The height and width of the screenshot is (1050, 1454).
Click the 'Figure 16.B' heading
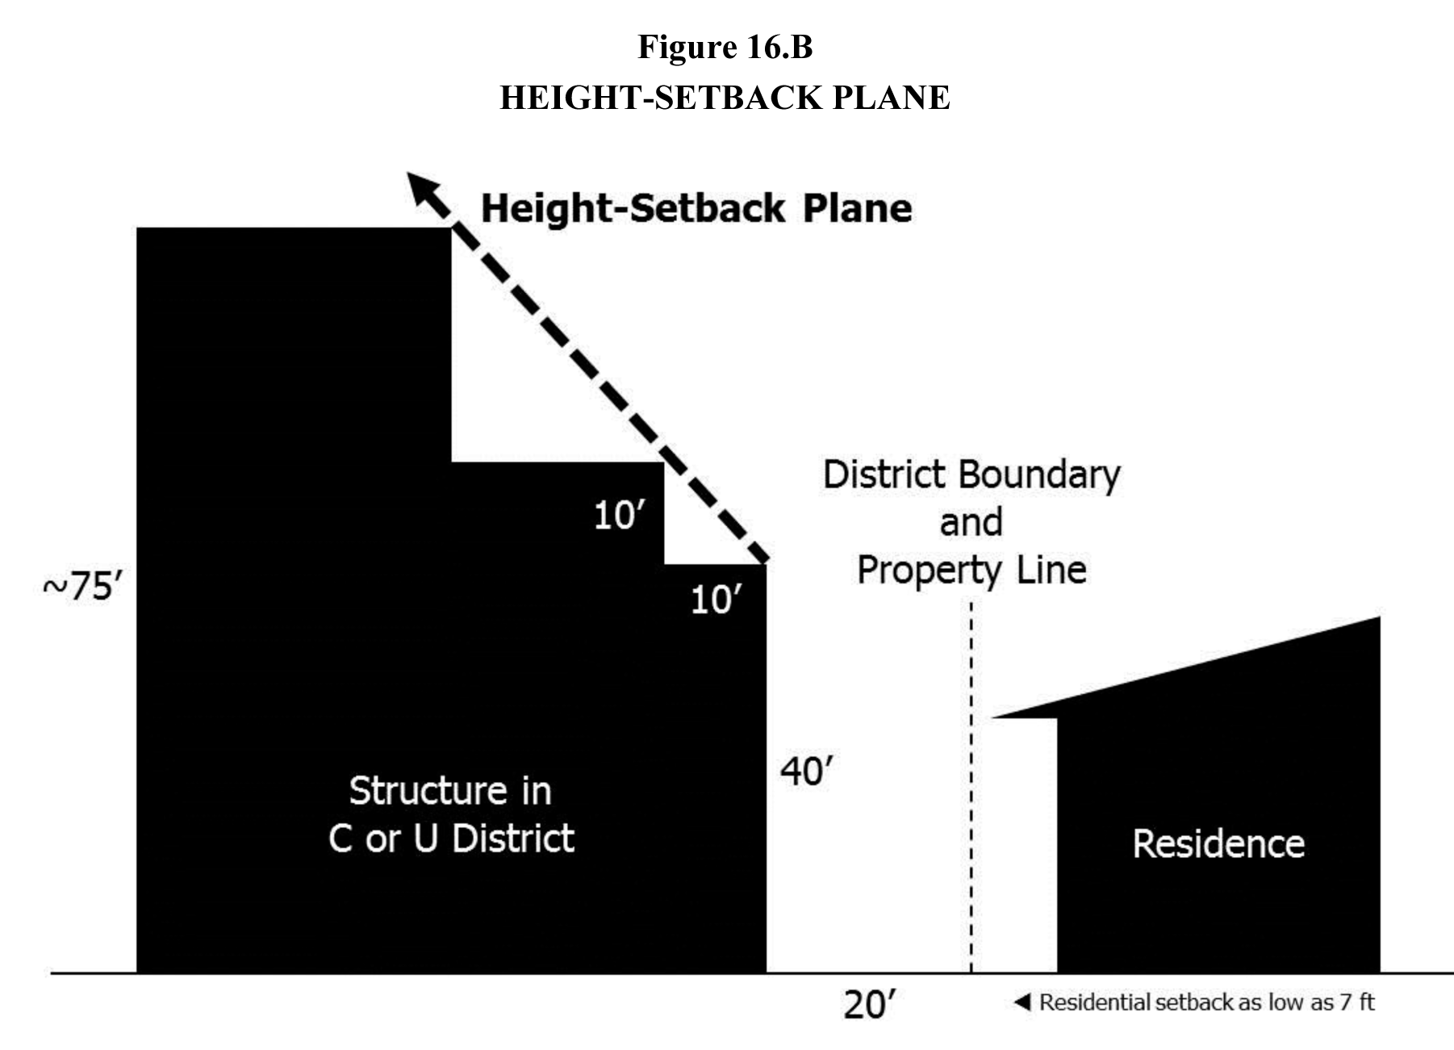(x=725, y=47)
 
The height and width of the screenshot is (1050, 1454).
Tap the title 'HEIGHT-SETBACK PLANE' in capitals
(x=725, y=98)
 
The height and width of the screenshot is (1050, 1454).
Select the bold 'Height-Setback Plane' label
(x=696, y=208)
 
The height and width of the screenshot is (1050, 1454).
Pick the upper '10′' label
(x=620, y=515)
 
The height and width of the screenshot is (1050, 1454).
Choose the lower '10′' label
(x=716, y=600)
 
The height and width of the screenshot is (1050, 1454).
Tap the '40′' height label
(x=805, y=772)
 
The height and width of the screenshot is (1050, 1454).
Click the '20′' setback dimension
(x=870, y=1005)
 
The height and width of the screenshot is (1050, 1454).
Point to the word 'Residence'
(x=1218, y=844)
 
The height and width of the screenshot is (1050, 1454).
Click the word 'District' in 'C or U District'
(x=512, y=839)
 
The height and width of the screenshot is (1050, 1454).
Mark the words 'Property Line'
(x=971, y=570)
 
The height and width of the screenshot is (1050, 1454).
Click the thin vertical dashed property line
(x=971, y=807)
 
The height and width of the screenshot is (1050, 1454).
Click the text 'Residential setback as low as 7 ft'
(x=1206, y=1002)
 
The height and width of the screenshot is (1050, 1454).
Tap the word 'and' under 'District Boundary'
(x=971, y=522)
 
